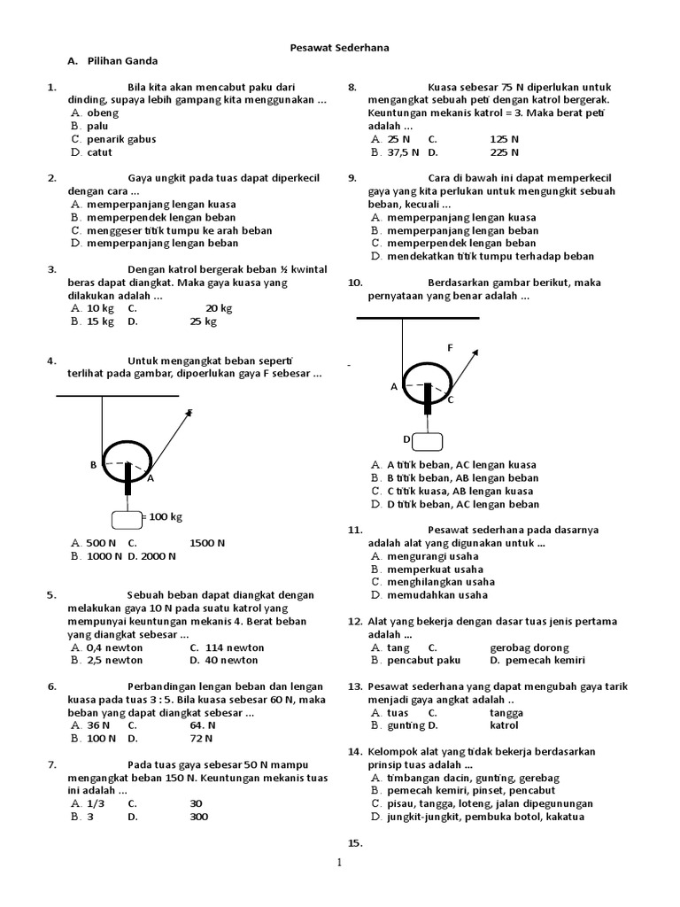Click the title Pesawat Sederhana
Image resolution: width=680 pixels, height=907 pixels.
[339, 47]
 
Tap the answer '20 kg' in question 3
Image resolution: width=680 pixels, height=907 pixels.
[219, 308]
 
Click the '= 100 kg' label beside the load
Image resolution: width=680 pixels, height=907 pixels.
[165, 516]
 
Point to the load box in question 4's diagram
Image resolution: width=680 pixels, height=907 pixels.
[126, 519]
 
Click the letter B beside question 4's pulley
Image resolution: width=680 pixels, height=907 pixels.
[93, 464]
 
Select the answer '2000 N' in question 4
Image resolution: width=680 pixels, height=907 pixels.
[158, 556]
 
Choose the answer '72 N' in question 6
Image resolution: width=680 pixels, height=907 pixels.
[202, 738]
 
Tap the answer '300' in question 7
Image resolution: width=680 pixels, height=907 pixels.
[199, 817]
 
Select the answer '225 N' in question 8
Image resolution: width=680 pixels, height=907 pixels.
[505, 152]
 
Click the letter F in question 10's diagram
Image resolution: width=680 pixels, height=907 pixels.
[450, 348]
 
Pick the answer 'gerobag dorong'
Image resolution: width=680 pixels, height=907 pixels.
[529, 647]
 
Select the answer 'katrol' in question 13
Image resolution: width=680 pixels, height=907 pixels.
[504, 725]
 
